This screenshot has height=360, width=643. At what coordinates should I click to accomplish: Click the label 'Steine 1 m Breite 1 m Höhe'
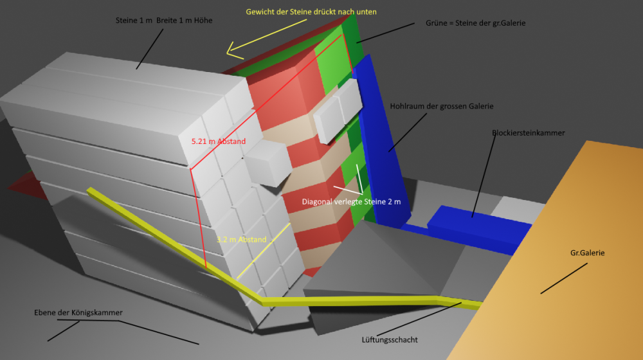[163, 21]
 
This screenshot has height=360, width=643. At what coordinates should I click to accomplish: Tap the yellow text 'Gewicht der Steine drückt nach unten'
[311, 12]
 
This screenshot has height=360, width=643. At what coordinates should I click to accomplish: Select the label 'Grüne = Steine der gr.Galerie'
[475, 23]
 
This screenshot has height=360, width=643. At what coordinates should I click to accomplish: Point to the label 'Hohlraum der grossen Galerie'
[442, 106]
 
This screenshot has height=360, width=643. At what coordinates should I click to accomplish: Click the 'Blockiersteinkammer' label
[528, 133]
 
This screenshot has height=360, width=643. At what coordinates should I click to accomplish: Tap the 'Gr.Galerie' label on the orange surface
[587, 253]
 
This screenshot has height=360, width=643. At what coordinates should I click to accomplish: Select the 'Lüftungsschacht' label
[390, 339]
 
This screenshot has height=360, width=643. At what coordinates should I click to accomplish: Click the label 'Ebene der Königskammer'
[78, 312]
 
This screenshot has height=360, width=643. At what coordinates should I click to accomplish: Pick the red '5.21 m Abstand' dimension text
[219, 141]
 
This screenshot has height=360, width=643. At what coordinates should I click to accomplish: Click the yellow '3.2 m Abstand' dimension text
[242, 239]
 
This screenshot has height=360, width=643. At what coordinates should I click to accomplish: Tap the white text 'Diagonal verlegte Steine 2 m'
[352, 202]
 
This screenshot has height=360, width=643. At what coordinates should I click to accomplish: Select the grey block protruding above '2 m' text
[338, 111]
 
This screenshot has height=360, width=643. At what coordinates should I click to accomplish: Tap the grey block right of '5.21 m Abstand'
[267, 163]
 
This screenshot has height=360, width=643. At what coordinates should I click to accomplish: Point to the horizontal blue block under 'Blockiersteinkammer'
[479, 229]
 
